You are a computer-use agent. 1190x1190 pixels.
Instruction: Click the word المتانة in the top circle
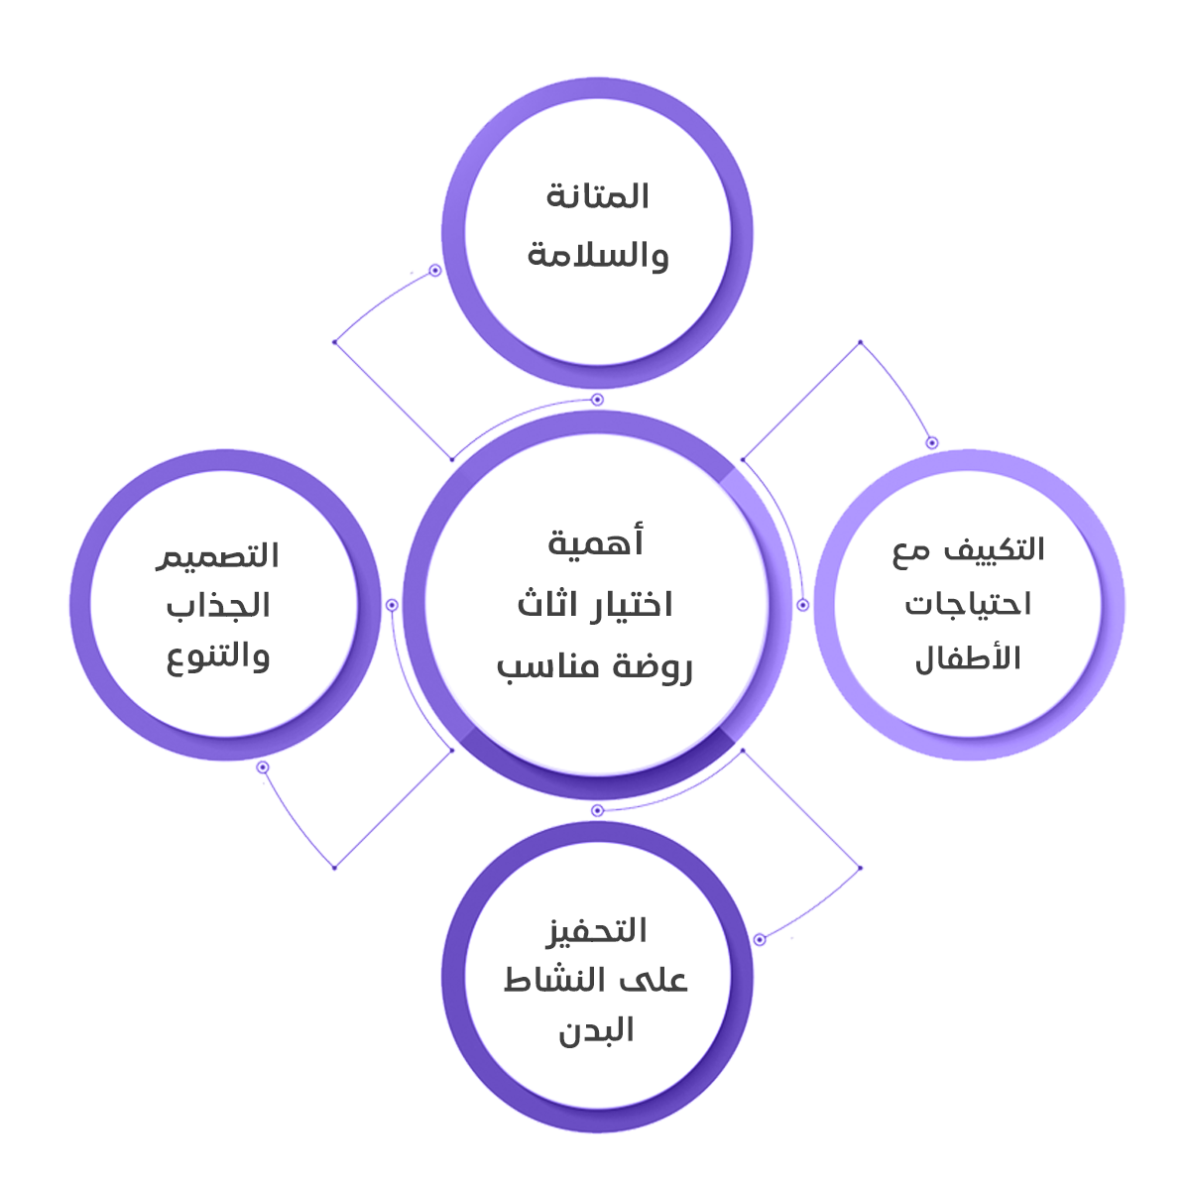click(597, 195)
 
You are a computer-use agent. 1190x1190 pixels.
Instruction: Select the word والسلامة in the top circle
click(597, 255)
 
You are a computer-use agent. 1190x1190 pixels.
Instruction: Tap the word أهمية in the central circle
click(596, 542)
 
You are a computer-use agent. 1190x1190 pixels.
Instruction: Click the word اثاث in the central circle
click(547, 605)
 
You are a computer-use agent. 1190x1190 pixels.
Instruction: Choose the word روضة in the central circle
click(650, 665)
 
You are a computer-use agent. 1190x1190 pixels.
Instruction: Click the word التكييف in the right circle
click(994, 548)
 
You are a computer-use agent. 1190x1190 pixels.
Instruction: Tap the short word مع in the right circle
click(912, 551)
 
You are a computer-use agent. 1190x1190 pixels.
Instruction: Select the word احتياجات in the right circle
click(968, 604)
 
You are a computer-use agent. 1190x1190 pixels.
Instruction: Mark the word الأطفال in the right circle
click(968, 657)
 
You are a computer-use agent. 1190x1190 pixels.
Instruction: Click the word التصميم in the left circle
click(217, 555)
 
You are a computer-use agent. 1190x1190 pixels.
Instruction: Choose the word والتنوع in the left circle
click(218, 657)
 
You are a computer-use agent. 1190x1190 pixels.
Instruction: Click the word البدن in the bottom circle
click(596, 1031)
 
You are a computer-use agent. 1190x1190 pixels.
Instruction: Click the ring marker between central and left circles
click(392, 605)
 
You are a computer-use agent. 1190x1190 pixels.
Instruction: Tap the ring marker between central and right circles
click(803, 605)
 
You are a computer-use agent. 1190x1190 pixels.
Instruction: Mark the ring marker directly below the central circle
click(597, 811)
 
